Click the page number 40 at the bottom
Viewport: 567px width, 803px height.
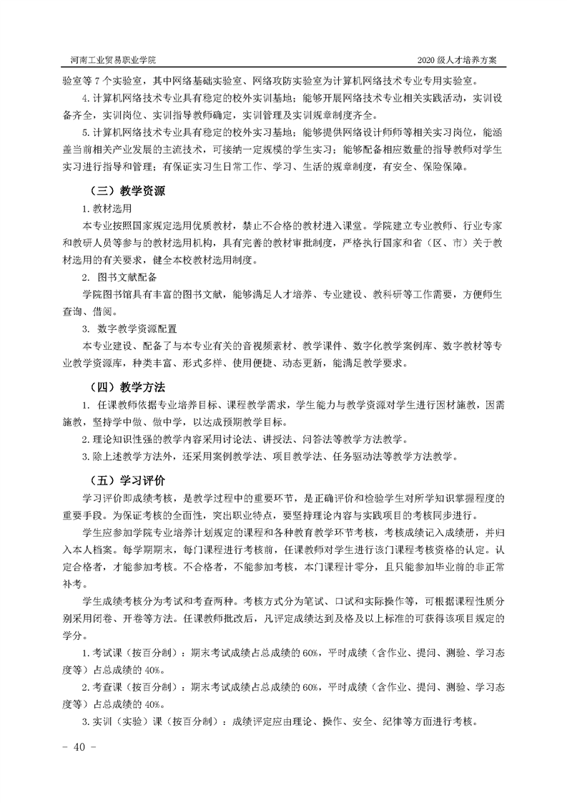pos(74,747)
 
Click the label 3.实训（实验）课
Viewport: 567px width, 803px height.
pos(127,722)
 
